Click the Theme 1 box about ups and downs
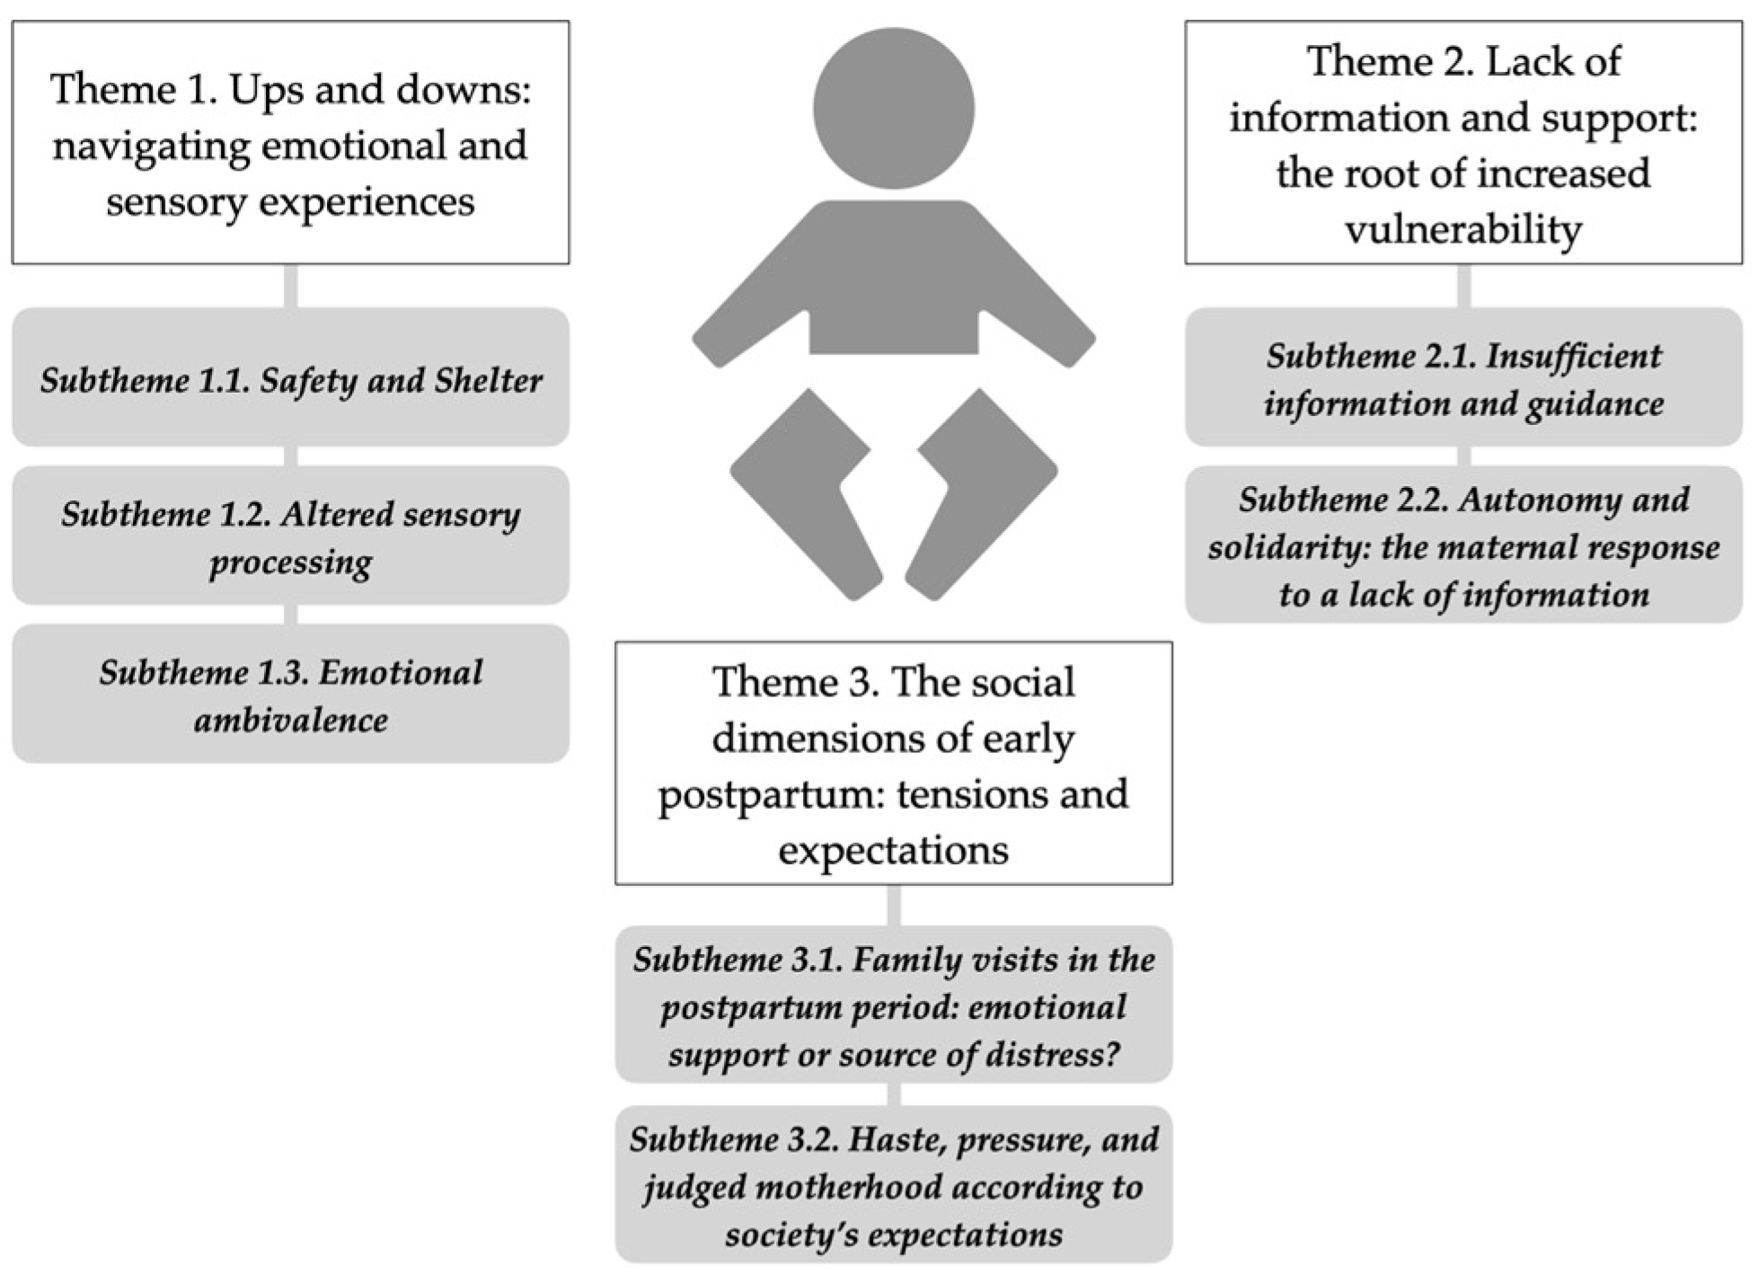(x=290, y=143)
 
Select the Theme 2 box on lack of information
(x=1463, y=143)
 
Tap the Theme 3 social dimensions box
(x=893, y=763)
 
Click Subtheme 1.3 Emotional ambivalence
(x=290, y=694)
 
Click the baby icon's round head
(x=893, y=108)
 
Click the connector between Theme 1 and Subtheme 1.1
(x=290, y=286)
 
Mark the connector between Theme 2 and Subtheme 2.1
(x=1463, y=286)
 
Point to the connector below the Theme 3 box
(x=893, y=905)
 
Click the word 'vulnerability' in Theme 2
(x=1463, y=229)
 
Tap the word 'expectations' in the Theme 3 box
(x=893, y=849)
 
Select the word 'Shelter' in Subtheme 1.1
(x=489, y=381)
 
